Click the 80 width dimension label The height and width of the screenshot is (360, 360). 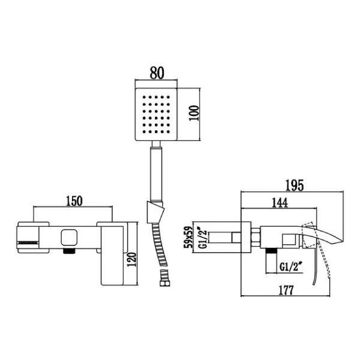point(157,74)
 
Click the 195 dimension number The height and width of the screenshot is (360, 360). point(292,185)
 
